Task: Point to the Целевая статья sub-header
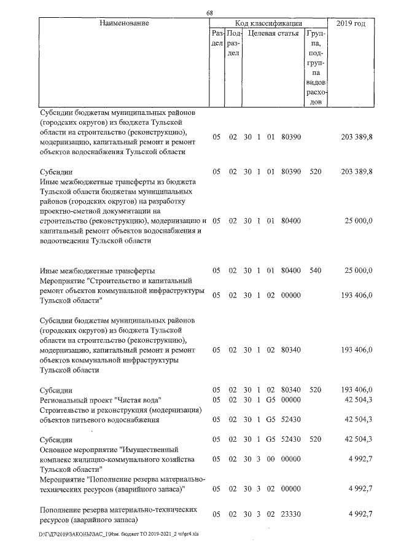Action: coord(273,34)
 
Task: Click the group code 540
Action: coord(316,270)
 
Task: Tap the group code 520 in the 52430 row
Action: coord(316,440)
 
